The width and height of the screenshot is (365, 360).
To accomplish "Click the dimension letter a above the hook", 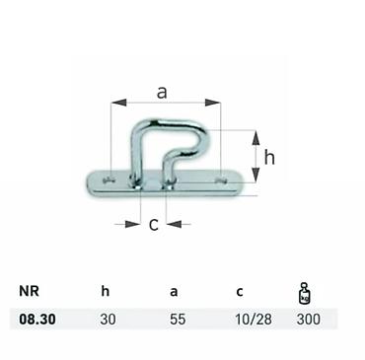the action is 162,93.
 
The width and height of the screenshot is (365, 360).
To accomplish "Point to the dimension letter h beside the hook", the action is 269,158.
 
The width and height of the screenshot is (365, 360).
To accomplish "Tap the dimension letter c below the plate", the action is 154,225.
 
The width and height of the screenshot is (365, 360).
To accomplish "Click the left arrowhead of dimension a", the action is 118,103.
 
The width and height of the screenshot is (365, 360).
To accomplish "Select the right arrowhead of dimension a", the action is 213,103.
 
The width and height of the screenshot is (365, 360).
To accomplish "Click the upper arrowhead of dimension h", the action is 255,138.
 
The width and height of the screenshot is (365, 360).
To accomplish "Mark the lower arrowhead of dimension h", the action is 255,175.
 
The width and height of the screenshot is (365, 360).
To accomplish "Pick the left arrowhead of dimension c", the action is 133,224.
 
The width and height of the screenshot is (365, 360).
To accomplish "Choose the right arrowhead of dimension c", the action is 174,224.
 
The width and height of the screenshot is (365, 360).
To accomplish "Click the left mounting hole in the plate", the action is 109,180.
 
